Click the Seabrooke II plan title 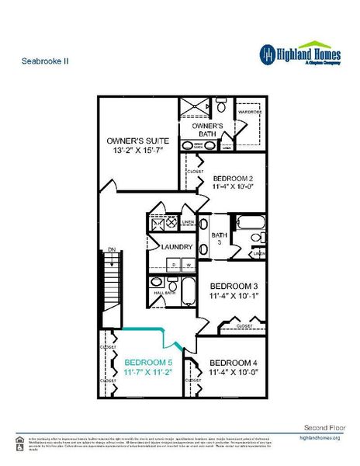(40, 59)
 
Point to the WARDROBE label (252, 111)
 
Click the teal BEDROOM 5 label (148, 362)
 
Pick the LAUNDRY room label (176, 247)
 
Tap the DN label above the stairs (111, 249)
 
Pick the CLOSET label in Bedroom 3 (244, 325)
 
